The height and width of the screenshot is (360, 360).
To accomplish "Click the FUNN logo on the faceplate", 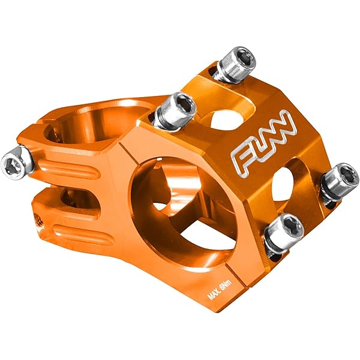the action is pyautogui.click(x=264, y=142).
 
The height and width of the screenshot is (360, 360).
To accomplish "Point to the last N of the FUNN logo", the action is pyautogui.click(x=286, y=126).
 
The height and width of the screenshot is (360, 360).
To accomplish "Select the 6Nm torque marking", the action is pyautogui.click(x=226, y=284).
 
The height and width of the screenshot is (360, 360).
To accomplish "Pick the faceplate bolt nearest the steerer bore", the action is pyautogui.click(x=175, y=110).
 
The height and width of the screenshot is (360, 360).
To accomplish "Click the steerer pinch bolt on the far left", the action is pyautogui.click(x=17, y=163).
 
